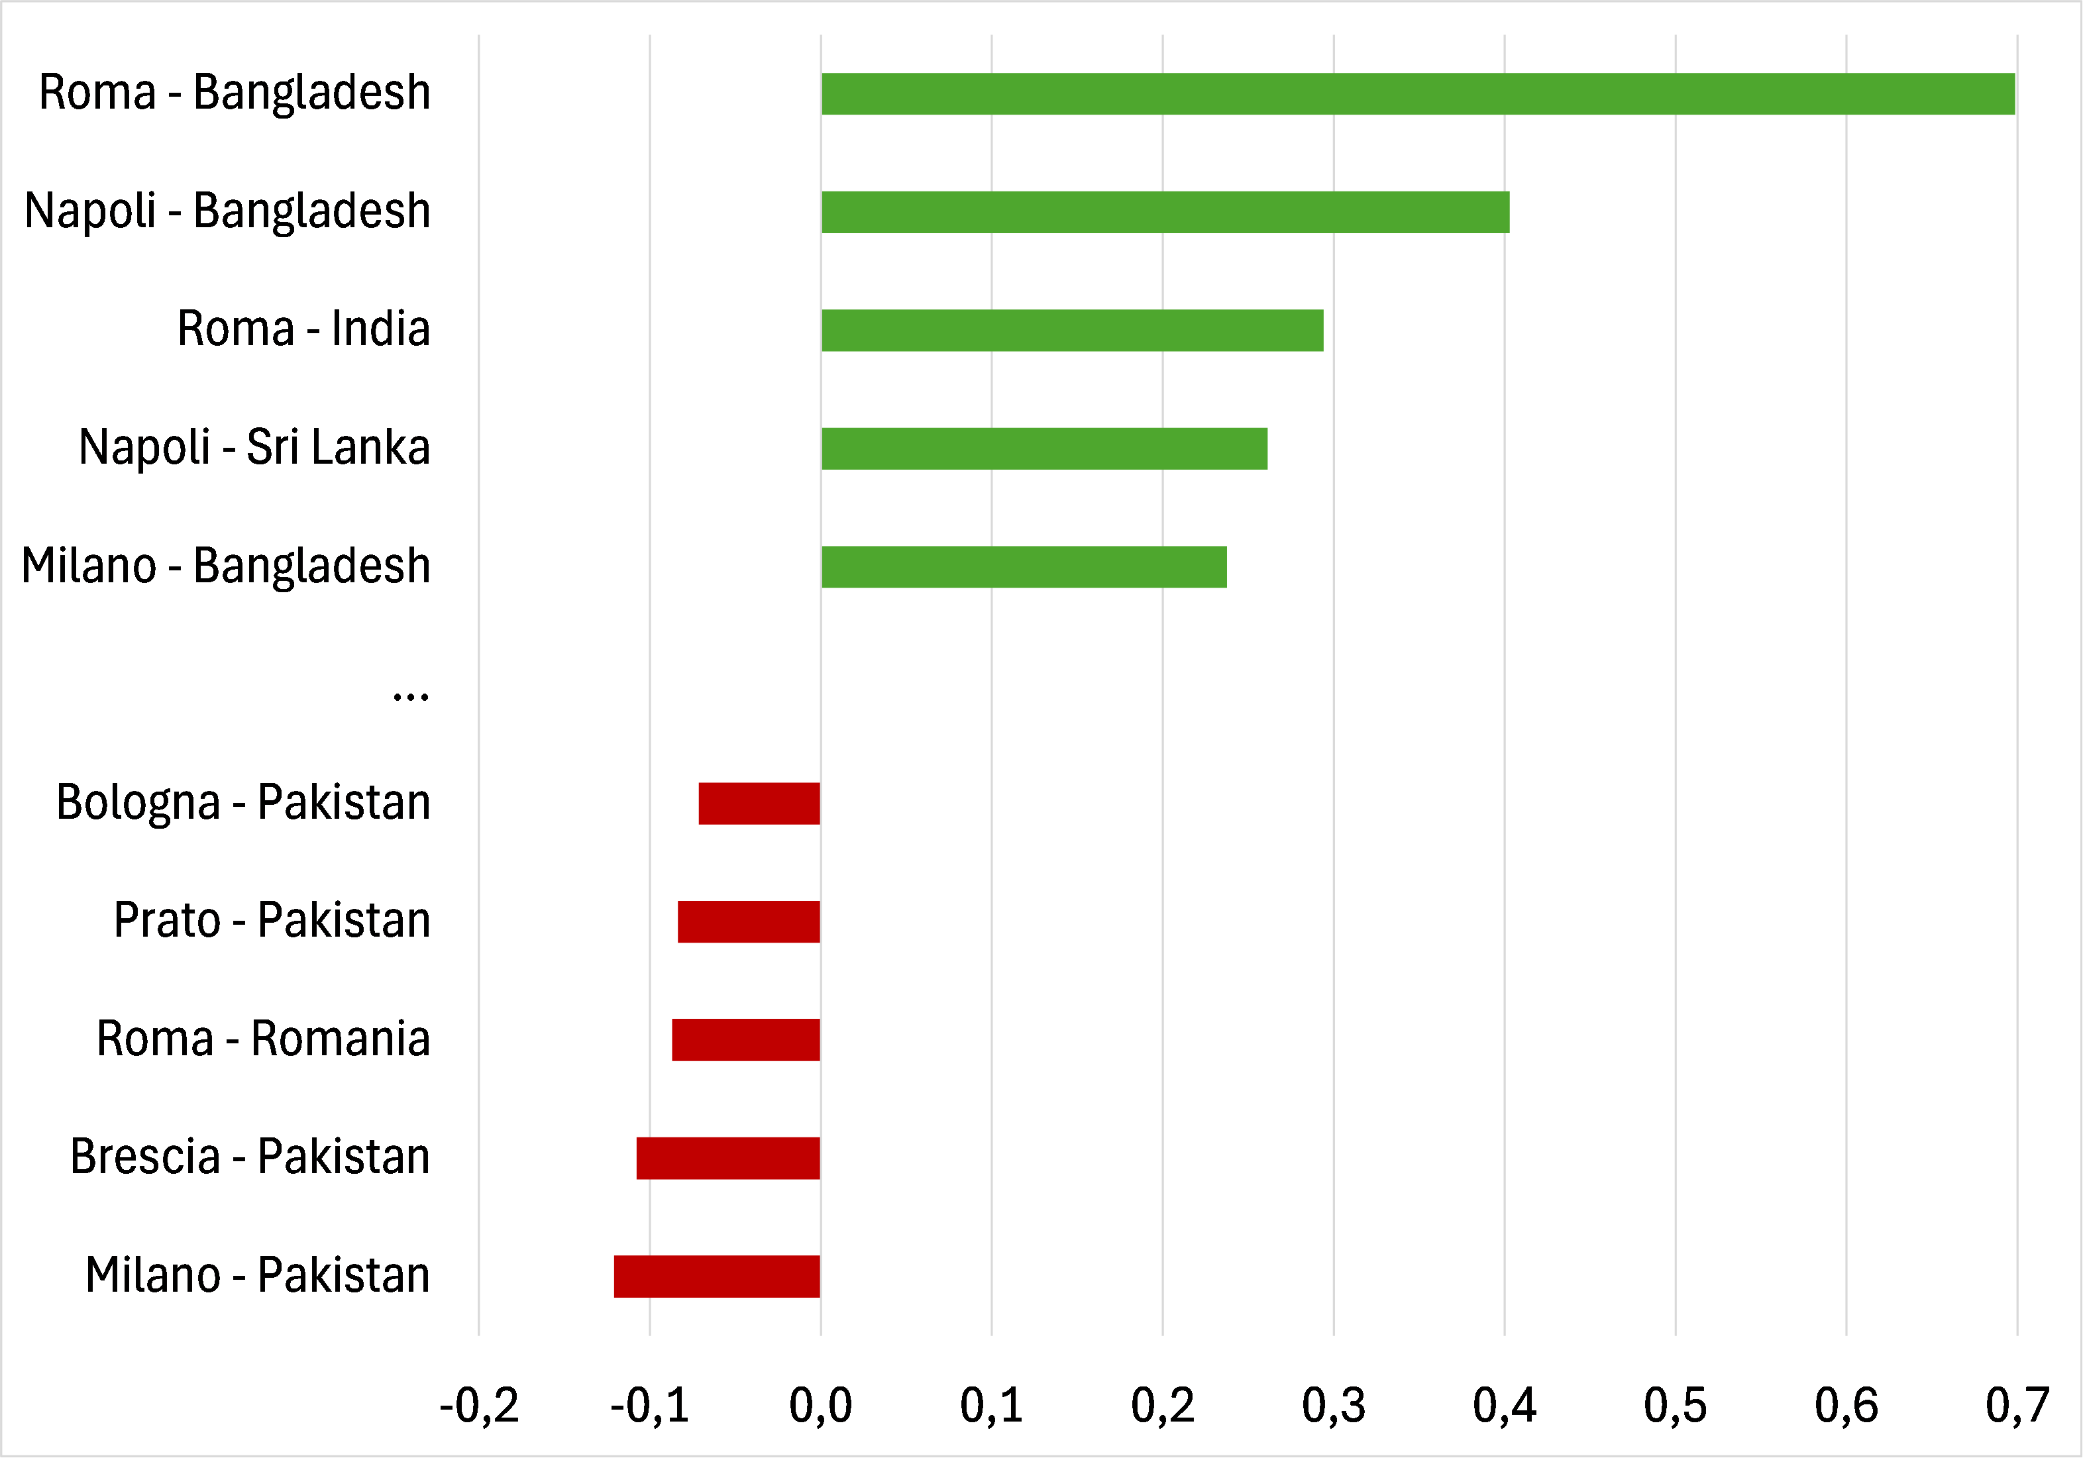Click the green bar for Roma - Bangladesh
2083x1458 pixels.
point(1417,93)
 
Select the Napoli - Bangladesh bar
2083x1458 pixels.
point(1165,212)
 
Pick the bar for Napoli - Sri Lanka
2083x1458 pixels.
point(1043,448)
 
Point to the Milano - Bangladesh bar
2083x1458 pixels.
point(1024,567)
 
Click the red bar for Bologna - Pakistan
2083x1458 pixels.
point(759,803)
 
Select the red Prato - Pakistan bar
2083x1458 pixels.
point(749,922)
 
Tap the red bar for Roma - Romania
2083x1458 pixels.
point(746,1040)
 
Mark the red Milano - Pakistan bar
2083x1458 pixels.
point(717,1276)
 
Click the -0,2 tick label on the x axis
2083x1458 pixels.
point(479,1406)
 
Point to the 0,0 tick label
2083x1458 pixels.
point(820,1406)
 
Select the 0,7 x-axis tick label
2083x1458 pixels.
point(2017,1406)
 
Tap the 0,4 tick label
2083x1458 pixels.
point(1504,1406)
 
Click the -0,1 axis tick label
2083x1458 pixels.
point(649,1406)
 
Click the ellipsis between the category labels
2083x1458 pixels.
point(410,697)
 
